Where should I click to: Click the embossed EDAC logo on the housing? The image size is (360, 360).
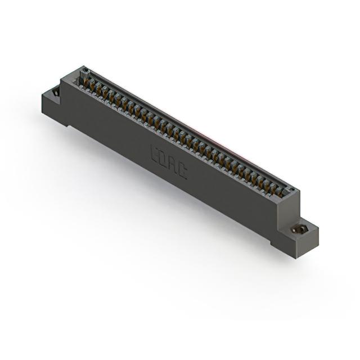(x=169, y=162)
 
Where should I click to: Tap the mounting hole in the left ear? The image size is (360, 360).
(x=55, y=93)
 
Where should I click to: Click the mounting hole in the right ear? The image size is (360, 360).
(x=296, y=229)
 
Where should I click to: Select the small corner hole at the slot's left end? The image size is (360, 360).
(x=85, y=70)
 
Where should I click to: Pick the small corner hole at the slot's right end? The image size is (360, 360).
(x=292, y=189)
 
